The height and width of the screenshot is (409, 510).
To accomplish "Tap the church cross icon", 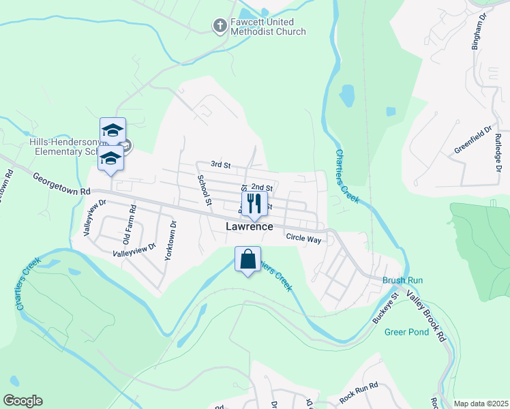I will tap(220, 26).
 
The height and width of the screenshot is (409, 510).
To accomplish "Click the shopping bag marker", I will tap(247, 260).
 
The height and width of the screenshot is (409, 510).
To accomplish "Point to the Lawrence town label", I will tap(250, 226).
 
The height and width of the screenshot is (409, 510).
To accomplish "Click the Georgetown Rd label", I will tap(61, 184).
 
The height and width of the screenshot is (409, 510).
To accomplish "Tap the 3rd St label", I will tap(221, 164).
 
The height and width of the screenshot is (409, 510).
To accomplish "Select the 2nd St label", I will tap(262, 187).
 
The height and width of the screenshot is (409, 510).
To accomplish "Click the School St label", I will tap(204, 189).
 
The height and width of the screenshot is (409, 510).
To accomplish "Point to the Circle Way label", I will tap(303, 239).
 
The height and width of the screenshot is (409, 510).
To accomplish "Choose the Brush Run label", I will tap(402, 280).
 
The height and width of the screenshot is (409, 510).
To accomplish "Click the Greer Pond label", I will tap(406, 332).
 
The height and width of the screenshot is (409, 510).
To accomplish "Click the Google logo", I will tap(22, 401).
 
